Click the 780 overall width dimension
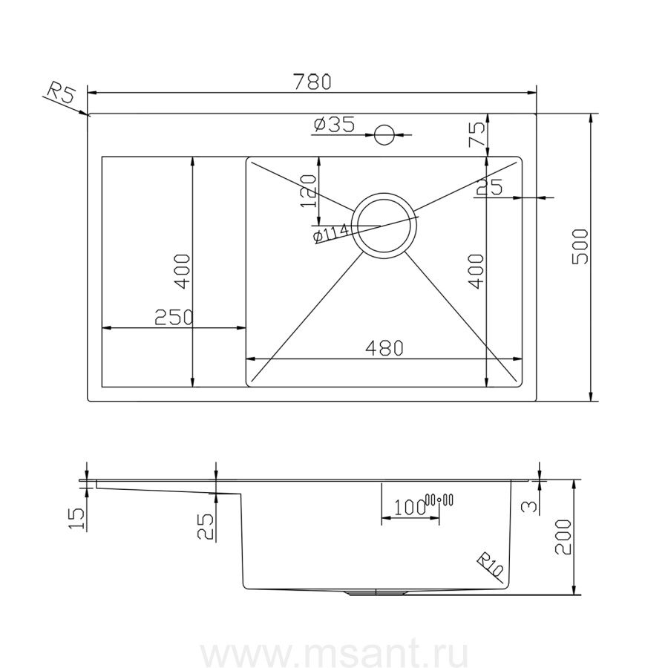tap(312, 82)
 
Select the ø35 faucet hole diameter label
tap(334, 125)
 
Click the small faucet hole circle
tap(384, 134)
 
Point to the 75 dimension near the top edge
tap(477, 134)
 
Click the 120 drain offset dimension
tap(309, 191)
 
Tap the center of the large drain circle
tap(384, 226)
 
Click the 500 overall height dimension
tap(580, 246)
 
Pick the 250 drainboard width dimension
tap(174, 317)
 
